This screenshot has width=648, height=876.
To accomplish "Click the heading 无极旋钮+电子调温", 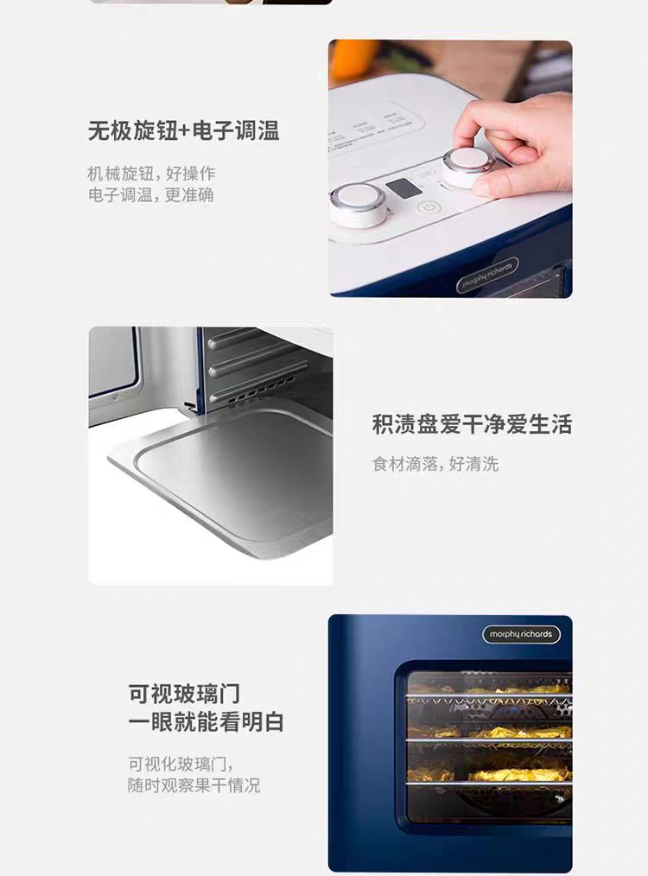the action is click(183, 130).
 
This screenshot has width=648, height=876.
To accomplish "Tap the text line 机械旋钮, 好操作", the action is click(151, 173).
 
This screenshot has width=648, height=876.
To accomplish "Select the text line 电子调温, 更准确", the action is click(151, 195).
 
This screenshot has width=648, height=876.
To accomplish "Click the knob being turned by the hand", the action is click(467, 166).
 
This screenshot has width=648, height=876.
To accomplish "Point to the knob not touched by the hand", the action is click(358, 205).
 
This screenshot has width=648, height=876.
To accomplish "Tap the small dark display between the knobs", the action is click(403, 188).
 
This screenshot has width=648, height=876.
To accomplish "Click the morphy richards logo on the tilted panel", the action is click(487, 275).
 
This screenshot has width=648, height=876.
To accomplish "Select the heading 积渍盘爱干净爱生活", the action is click(472, 424).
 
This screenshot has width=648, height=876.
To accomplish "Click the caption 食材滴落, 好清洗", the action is click(435, 464).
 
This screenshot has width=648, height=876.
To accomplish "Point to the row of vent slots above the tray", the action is click(254, 389).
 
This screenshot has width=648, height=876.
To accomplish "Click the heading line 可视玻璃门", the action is click(184, 694).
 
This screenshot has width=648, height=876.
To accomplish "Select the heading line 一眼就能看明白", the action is click(206, 722).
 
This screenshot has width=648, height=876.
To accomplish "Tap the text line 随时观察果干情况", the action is click(194, 785).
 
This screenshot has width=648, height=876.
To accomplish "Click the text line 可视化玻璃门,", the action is click(181, 764).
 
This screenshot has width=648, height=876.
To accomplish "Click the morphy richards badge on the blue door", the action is click(521, 634).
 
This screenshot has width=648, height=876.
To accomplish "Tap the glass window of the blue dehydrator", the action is click(489, 746).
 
